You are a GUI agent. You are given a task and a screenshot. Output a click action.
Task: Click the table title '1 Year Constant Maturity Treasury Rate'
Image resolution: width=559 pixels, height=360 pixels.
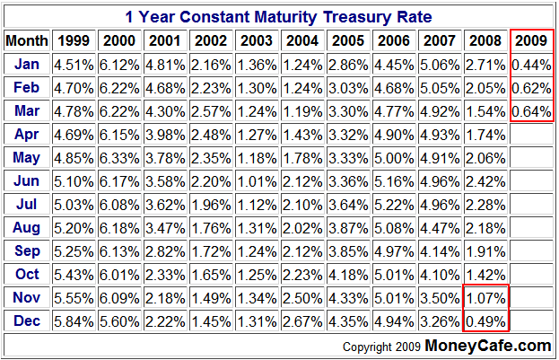click(278, 17)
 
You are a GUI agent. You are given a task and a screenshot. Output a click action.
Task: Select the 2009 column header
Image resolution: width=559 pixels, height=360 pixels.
click(531, 40)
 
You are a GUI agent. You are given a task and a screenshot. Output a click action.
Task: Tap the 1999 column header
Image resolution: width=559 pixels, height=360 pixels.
click(74, 40)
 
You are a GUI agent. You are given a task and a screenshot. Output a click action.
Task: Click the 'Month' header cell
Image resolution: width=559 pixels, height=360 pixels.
click(26, 40)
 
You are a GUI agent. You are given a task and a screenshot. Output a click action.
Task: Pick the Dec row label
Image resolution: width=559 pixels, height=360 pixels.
click(26, 320)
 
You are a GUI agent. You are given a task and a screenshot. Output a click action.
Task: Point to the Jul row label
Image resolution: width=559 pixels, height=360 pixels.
click(26, 204)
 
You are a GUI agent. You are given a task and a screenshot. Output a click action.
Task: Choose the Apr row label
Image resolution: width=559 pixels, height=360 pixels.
click(26, 134)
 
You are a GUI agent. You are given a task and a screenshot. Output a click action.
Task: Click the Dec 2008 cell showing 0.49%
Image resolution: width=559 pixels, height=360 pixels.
click(485, 320)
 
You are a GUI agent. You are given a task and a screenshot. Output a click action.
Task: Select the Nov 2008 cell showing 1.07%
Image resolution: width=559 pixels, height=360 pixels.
click(485, 297)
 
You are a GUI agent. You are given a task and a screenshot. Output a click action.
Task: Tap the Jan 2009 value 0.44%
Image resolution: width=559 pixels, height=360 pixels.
click(531, 64)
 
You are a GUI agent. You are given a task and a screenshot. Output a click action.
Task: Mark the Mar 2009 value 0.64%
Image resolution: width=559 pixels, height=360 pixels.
click(531, 110)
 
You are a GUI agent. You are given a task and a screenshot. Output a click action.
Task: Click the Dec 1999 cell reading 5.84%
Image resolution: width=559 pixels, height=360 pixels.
click(74, 320)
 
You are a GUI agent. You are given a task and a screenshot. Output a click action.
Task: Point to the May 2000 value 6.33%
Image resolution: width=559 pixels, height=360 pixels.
click(119, 157)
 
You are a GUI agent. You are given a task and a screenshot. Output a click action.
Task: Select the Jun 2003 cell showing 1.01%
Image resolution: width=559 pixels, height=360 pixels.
click(257, 180)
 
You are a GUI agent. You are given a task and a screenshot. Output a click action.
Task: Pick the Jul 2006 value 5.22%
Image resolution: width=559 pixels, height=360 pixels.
click(394, 204)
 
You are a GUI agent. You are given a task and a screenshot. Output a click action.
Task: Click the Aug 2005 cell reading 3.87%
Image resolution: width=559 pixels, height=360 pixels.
click(348, 227)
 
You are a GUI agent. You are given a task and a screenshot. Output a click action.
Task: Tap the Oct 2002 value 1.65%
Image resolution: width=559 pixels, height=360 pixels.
click(211, 274)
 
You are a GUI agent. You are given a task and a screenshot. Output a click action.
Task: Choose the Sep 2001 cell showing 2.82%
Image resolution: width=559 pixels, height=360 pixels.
click(165, 250)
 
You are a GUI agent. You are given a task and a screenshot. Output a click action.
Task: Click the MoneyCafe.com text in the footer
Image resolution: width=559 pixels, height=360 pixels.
click(487, 345)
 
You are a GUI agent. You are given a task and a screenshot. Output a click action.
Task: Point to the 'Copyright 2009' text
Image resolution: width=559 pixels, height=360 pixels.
click(381, 347)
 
